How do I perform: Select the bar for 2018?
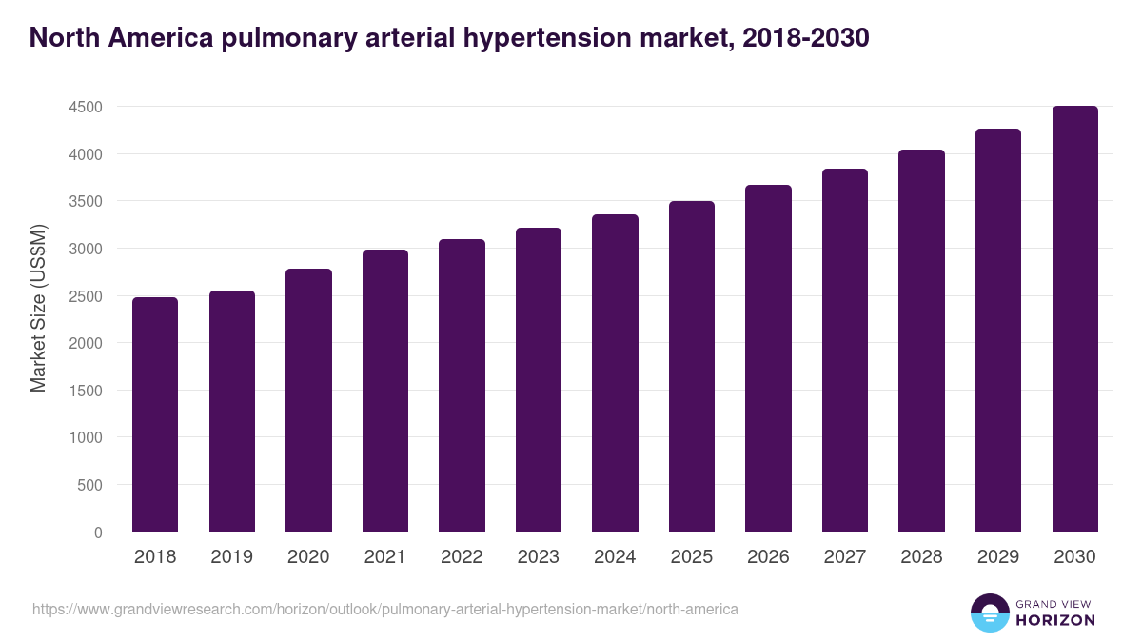(155, 414)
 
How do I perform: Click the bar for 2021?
(385, 391)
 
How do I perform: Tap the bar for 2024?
(615, 373)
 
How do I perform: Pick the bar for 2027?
(844, 351)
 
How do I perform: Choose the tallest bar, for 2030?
(1074, 319)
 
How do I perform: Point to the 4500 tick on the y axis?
(86, 107)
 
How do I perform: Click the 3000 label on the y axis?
(86, 249)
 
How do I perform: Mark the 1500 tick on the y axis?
(86, 391)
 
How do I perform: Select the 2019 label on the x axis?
(232, 557)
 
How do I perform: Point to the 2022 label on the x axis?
(462, 557)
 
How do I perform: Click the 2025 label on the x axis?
(691, 557)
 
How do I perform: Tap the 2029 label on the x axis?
(997, 557)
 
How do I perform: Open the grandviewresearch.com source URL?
(384, 609)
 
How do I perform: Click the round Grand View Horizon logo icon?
(989, 613)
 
